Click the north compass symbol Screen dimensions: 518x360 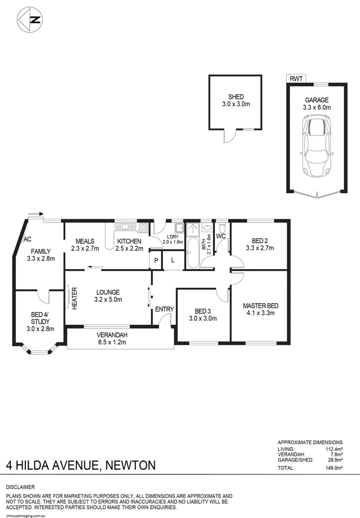30,20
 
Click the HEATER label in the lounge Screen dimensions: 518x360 75,298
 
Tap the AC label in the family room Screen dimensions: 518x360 27,239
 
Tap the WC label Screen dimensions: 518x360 221,236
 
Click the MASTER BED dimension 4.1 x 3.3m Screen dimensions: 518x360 260,314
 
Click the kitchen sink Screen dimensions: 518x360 127,226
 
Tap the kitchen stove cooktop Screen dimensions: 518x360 143,228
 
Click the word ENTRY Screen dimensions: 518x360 164,309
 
